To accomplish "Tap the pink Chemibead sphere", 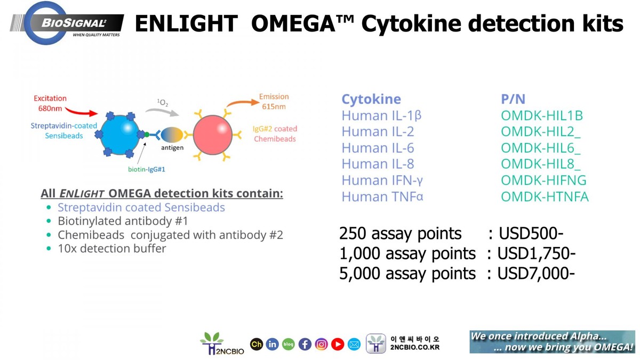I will (212, 135).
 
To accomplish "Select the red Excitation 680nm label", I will (50, 103).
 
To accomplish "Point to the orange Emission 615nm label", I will (274, 101).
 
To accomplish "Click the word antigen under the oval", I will (172, 148).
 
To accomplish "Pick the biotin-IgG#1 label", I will (147, 170).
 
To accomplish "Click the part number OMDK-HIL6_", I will (540, 148).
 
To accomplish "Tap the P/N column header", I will (513, 99).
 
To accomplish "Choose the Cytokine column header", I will (371, 99).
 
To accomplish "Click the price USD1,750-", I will (536, 253).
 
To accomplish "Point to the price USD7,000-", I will (536, 274).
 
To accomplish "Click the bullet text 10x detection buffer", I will (111, 249).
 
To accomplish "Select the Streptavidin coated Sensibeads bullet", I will (141, 207).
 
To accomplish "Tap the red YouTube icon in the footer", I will (338, 345).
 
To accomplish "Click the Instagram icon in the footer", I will (321, 345).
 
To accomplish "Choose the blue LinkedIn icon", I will (272, 345).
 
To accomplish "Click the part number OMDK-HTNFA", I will (544, 197).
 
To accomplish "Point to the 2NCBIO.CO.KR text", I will (415, 348).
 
